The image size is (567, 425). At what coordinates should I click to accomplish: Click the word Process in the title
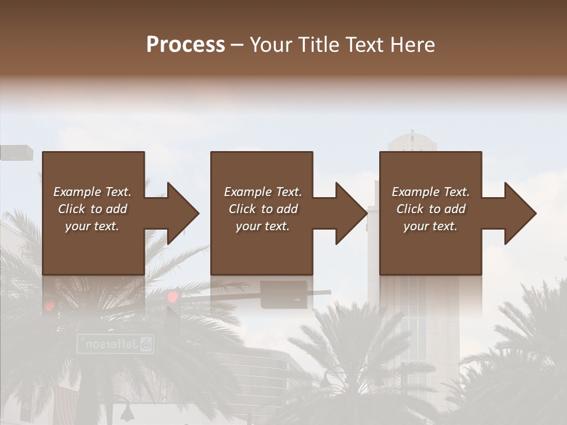click(x=185, y=45)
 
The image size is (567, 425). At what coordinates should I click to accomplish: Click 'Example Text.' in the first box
click(x=92, y=192)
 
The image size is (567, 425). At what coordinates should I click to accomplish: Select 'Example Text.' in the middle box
click(x=263, y=192)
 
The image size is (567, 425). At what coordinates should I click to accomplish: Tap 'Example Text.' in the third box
click(x=431, y=192)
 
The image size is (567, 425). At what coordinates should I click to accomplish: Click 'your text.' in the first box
click(x=92, y=226)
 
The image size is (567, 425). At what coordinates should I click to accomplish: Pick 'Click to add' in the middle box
click(x=263, y=209)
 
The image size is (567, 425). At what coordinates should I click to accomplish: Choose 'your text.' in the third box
click(x=431, y=226)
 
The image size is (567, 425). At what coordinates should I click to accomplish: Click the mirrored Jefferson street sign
click(x=116, y=344)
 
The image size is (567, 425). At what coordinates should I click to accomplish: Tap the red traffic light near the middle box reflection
click(x=172, y=296)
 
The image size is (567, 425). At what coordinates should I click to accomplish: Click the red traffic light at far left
click(x=50, y=305)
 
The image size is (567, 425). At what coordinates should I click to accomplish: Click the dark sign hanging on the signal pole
click(x=284, y=295)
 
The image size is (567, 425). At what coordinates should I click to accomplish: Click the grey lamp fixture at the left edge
click(x=16, y=152)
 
